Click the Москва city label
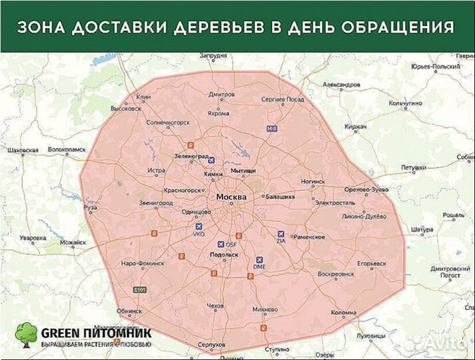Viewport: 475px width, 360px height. [231, 197]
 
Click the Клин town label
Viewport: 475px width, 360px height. [144, 97]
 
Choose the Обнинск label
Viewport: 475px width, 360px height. [128, 311]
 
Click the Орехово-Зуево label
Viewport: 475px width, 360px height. [366, 190]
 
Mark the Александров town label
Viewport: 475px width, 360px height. [341, 85]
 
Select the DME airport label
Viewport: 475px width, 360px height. [260, 267]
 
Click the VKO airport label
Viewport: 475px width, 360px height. [199, 235]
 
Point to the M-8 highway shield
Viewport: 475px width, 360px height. [271, 127]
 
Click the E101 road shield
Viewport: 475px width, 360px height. [139, 290]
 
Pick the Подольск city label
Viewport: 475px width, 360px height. [224, 255]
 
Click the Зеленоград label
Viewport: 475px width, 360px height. [191, 155]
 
